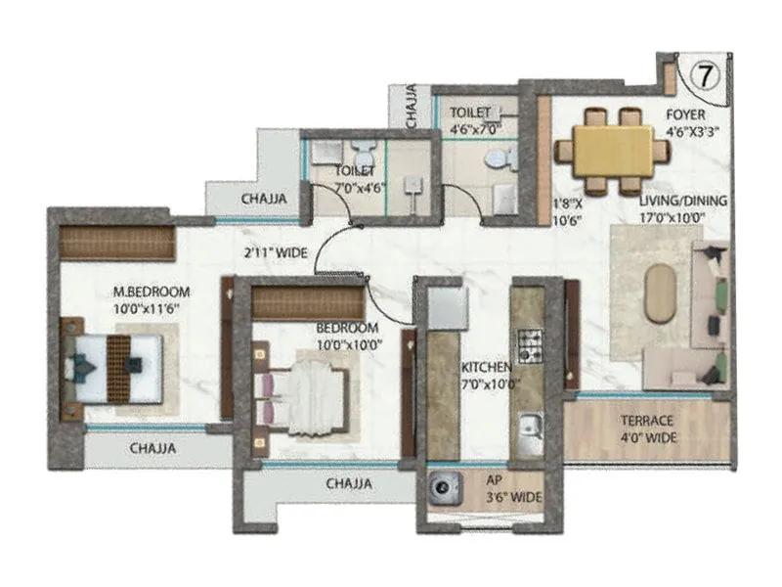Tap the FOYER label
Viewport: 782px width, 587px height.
point(685,114)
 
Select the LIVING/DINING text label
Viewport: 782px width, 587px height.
point(683,201)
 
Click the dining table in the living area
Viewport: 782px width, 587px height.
point(613,151)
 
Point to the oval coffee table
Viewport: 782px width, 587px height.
point(660,293)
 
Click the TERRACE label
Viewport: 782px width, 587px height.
point(647,421)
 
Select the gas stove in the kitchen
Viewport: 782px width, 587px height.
point(530,343)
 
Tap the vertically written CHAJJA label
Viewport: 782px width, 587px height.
point(412,107)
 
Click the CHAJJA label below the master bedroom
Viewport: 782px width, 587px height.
point(152,449)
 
